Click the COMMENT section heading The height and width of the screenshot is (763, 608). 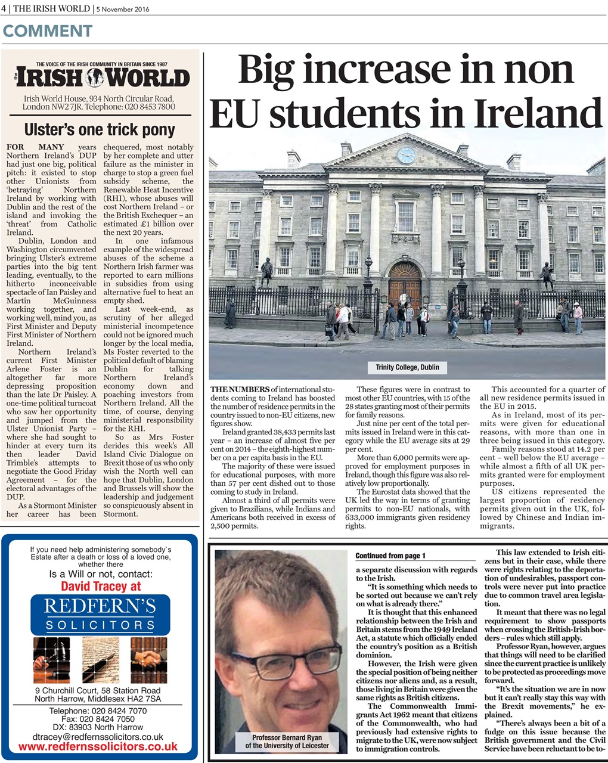pos(48,31)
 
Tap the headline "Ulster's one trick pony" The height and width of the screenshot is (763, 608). pos(100,129)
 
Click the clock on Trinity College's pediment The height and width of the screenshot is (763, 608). pos(406,156)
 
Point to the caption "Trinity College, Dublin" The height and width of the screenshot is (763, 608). pos(407,367)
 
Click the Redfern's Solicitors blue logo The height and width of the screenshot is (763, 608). pos(100,614)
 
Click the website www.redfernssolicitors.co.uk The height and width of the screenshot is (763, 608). pos(98,746)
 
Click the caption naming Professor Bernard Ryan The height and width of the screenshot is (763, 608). pos(287,742)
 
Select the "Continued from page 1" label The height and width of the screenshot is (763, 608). pos(390,556)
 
